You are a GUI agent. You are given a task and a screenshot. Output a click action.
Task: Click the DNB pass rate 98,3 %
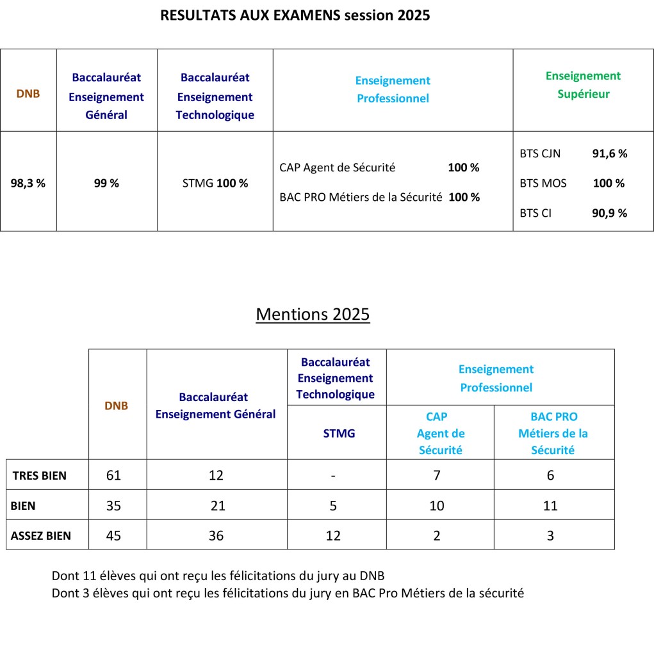click(28, 183)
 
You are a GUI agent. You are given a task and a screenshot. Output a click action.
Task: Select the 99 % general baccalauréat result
click(106, 183)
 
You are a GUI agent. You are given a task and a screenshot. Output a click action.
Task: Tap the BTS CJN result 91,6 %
click(609, 154)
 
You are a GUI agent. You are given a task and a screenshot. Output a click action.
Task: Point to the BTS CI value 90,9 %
click(609, 213)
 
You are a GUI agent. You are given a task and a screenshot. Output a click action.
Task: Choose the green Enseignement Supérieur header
click(583, 85)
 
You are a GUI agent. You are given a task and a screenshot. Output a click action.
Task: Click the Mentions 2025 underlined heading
click(313, 314)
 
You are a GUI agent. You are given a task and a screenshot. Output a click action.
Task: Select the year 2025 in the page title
click(413, 15)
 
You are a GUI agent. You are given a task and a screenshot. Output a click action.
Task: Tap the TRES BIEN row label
click(40, 475)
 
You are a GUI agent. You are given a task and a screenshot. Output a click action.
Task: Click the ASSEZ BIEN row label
click(41, 536)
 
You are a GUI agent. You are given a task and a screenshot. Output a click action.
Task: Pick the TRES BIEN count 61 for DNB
click(113, 475)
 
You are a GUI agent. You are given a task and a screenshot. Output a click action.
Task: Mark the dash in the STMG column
click(333, 476)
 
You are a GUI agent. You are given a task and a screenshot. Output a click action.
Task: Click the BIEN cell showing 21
click(218, 506)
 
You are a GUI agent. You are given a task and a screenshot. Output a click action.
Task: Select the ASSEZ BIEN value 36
click(216, 536)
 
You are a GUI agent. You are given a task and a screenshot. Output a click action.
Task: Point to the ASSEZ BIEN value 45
click(113, 536)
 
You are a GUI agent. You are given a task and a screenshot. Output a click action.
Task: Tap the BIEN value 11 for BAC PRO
click(550, 506)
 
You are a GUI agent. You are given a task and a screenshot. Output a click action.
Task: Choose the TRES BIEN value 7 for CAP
click(437, 475)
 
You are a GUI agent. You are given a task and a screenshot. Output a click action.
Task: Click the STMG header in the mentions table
click(339, 433)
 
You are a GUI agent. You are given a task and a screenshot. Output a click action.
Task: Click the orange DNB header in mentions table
click(116, 406)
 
